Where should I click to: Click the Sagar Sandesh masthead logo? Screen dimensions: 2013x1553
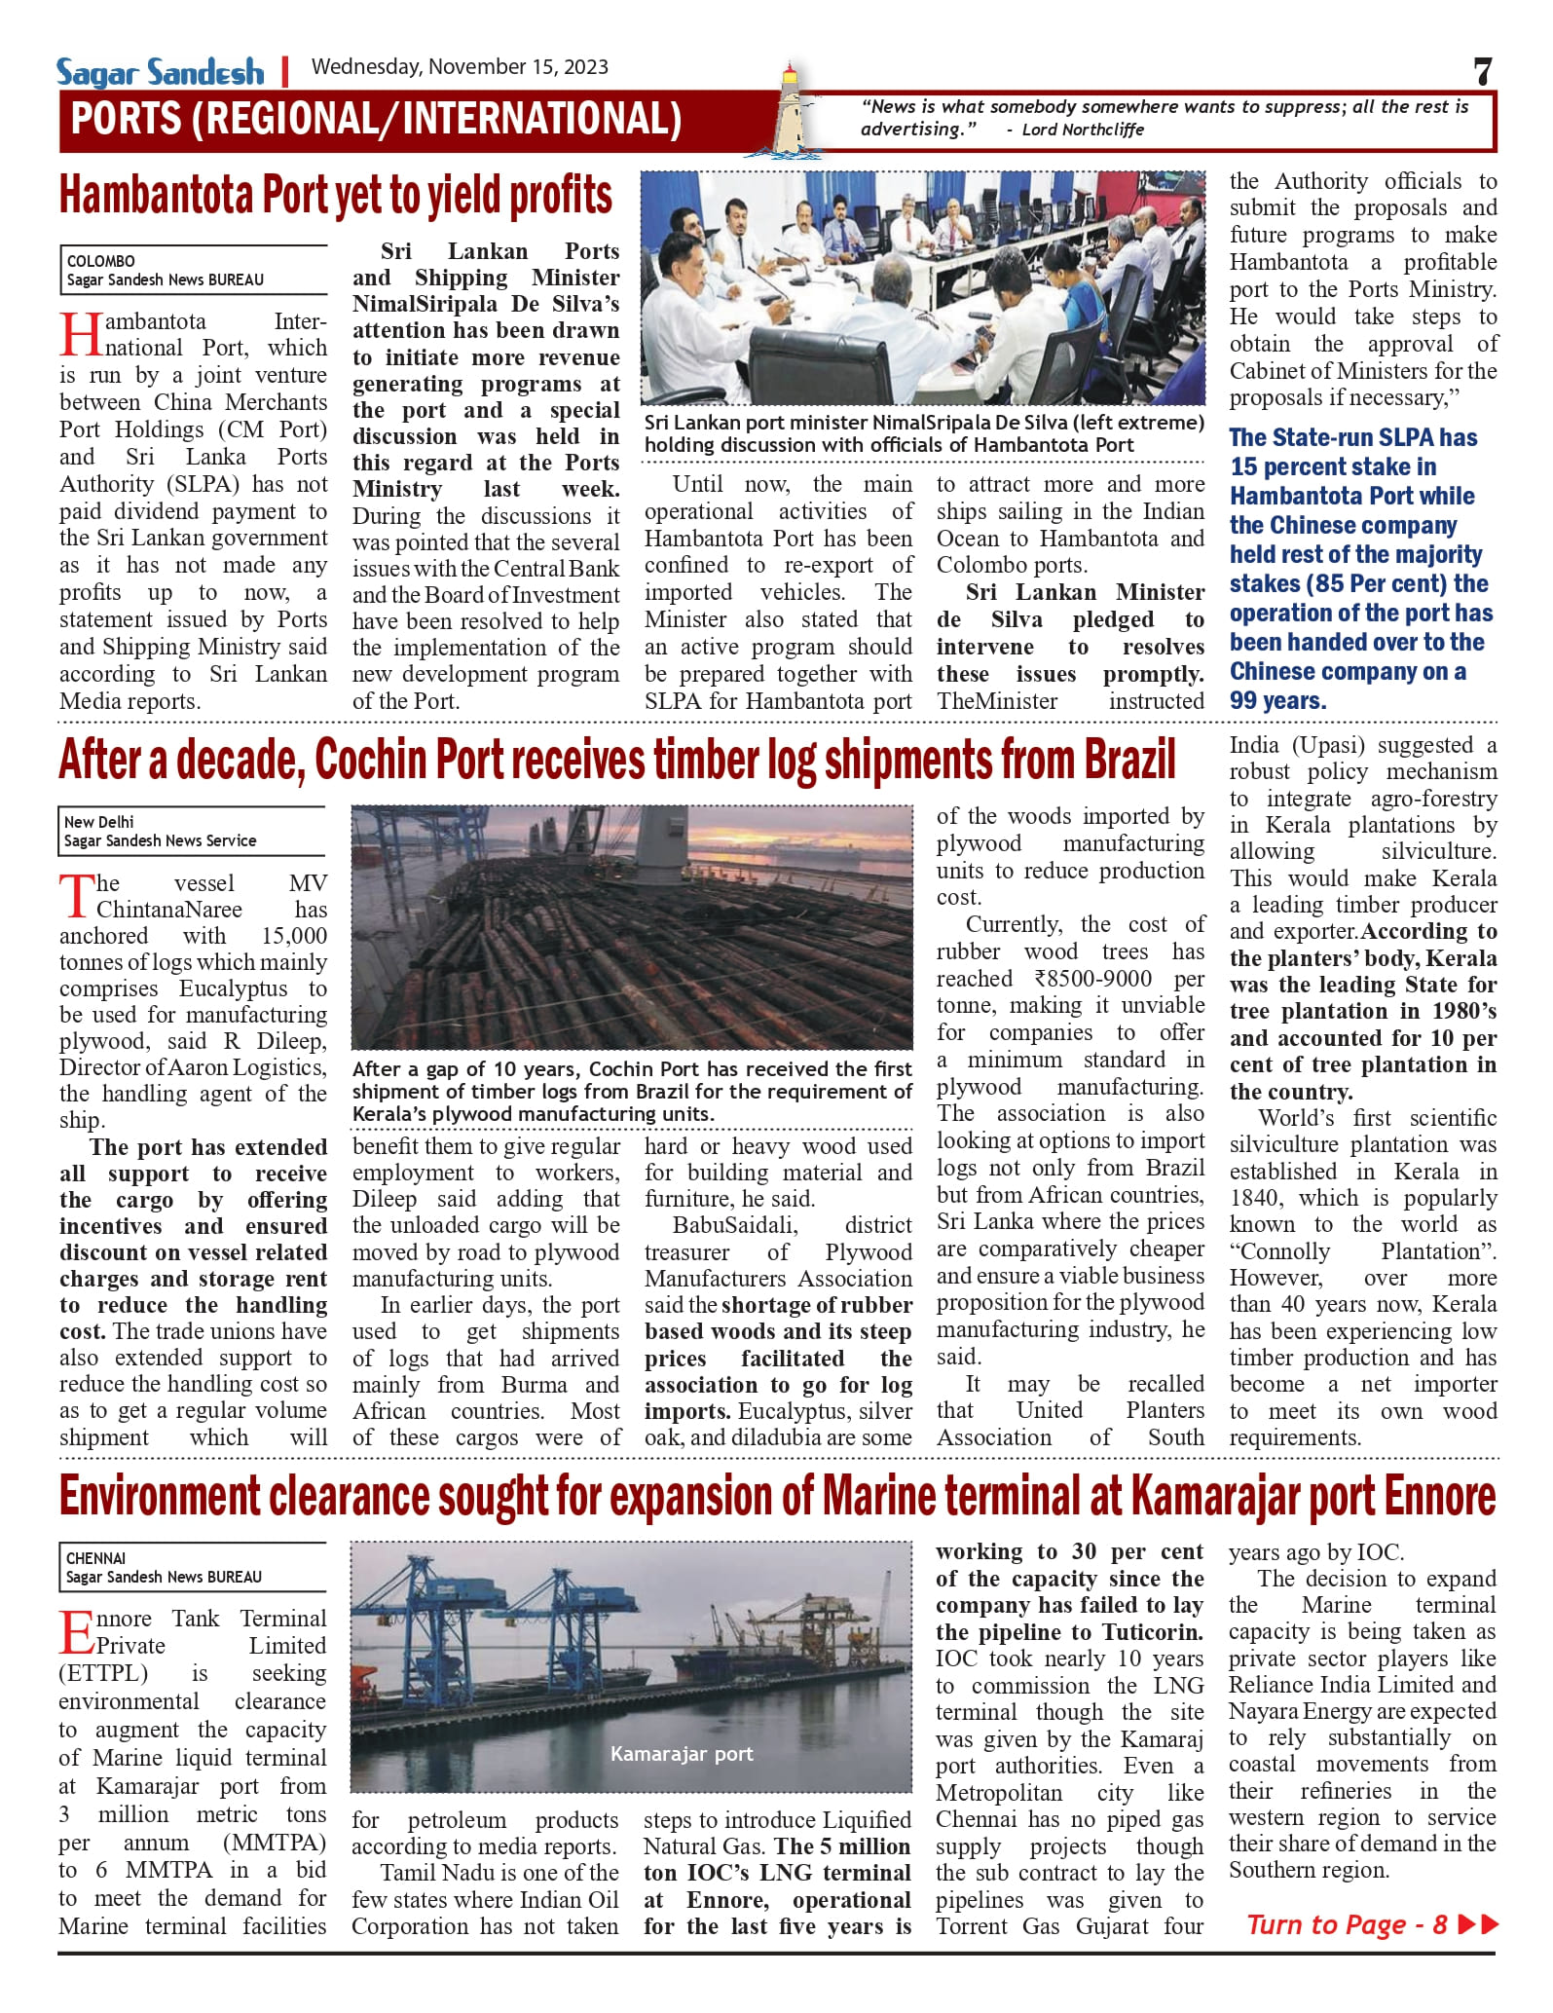[x=160, y=72]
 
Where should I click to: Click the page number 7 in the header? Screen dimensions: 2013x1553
[x=1482, y=71]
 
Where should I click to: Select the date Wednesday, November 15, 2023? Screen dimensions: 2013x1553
[x=460, y=67]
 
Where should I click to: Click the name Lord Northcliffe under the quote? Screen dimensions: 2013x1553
[x=1082, y=130]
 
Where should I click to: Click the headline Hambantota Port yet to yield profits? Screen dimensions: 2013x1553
[x=336, y=196]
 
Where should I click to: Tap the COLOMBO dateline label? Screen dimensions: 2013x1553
[x=100, y=261]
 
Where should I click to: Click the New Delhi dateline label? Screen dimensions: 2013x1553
[x=98, y=822]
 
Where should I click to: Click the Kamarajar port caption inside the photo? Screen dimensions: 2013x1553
[x=682, y=1754]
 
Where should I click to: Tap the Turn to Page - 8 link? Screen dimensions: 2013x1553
[x=1371, y=1924]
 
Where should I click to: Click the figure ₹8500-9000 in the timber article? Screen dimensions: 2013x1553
[x=1094, y=979]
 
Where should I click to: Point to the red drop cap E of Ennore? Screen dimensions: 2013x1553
[x=77, y=1633]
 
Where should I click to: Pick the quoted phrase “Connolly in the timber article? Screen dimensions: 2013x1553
[x=1279, y=1251]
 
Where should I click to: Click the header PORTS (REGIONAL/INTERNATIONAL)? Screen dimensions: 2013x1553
[x=376, y=120]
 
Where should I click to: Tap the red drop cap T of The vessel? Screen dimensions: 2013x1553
[x=77, y=896]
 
